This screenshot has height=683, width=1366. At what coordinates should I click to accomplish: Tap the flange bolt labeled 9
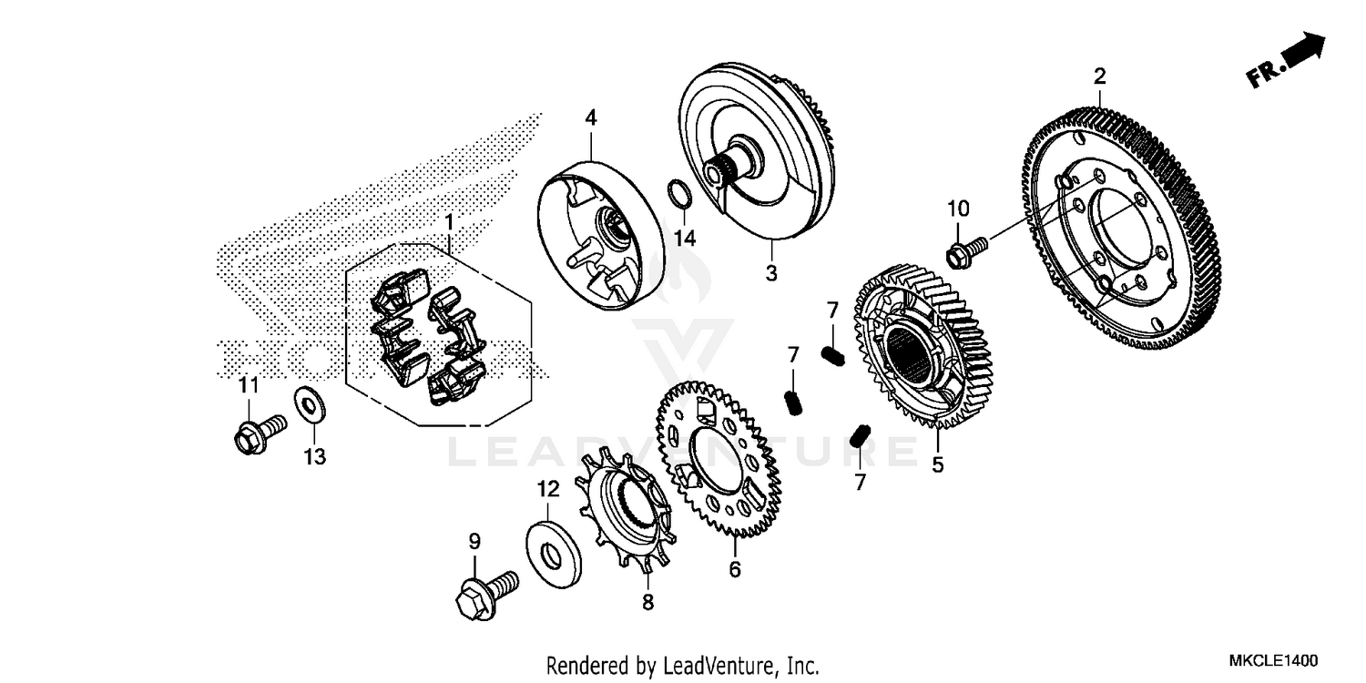click(485, 591)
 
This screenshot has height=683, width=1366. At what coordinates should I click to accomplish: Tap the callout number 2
click(1099, 76)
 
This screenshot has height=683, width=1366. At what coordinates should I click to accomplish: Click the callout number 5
click(937, 465)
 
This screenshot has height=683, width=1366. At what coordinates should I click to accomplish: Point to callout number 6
click(734, 570)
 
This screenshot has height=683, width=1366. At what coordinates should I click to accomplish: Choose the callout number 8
click(647, 603)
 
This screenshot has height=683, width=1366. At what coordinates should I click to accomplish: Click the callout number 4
click(590, 117)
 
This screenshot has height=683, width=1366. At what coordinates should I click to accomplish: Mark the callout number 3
click(770, 272)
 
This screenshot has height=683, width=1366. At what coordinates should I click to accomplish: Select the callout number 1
click(448, 221)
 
